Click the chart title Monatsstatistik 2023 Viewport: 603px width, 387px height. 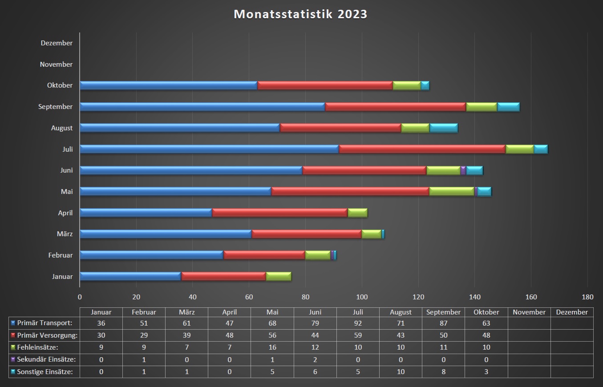pyautogui.click(x=300, y=14)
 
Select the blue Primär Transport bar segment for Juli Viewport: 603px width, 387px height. pyautogui.click(x=209, y=149)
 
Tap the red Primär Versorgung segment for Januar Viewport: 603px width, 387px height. pyautogui.click(x=223, y=276)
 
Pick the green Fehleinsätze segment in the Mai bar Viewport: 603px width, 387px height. pyautogui.click(x=451, y=191)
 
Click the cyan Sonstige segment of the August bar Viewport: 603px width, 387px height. pyautogui.click(x=443, y=128)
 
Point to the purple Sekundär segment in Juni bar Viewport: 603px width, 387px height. pyautogui.click(x=463, y=170)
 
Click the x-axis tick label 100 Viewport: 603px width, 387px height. pyautogui.click(x=361, y=297)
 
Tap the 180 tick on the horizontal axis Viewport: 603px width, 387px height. pyautogui.click(x=587, y=297)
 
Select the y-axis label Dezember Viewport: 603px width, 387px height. pyautogui.click(x=57, y=43)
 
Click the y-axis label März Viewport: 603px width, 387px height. pyautogui.click(x=65, y=234)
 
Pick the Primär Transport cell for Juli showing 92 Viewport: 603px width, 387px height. pyautogui.click(x=358, y=323)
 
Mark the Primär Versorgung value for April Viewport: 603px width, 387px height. pyautogui.click(x=230, y=335)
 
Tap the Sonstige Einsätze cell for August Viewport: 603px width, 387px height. pyautogui.click(x=401, y=371)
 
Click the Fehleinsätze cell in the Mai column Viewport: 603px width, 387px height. pyautogui.click(x=272, y=347)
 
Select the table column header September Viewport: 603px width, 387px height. pyautogui.click(x=443, y=312)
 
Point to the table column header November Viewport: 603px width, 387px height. pyautogui.click(x=529, y=312)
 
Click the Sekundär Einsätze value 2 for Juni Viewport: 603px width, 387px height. pyautogui.click(x=315, y=359)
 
